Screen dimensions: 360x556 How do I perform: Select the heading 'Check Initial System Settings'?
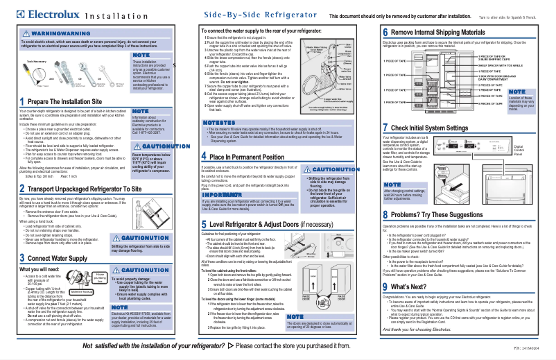coord(443,128)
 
